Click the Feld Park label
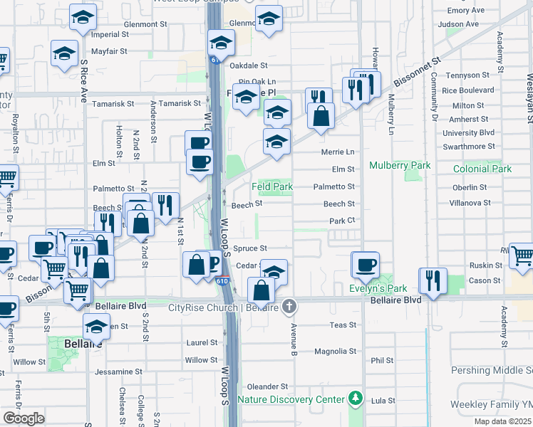273,187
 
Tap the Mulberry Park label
400,166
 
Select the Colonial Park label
482,169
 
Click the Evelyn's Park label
378,289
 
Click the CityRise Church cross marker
289,307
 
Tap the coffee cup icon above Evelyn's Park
366,265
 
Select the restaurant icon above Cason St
433,280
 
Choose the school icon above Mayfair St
65,53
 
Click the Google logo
24,418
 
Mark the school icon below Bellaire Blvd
96,327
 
